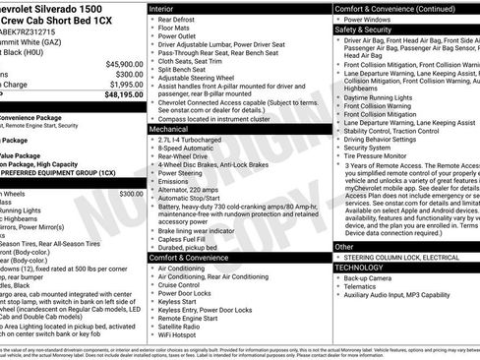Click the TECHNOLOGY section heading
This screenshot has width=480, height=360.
[361, 267]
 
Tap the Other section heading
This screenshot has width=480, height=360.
[344, 247]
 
